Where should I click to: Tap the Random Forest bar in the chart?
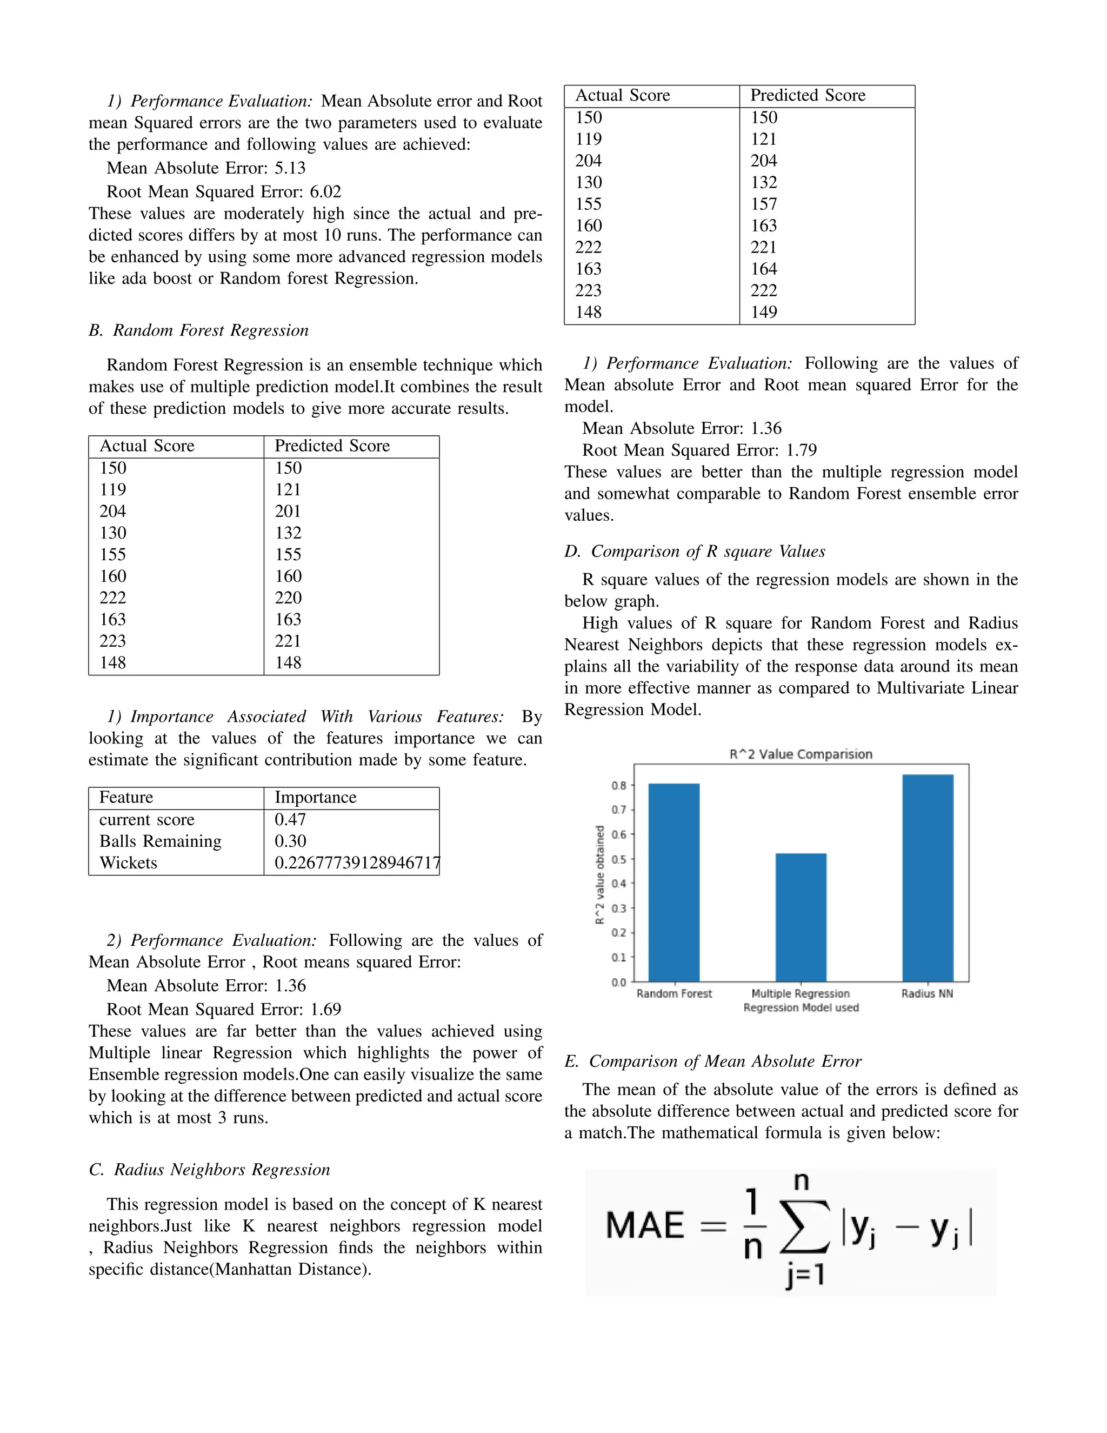tap(673, 882)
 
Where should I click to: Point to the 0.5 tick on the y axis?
tap(619, 859)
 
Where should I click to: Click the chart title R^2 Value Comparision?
tap(801, 754)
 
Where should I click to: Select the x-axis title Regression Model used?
tap(801, 1008)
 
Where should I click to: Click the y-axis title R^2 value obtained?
tap(599, 874)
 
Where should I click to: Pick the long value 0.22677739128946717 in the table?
tap(357, 863)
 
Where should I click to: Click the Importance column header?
tap(316, 797)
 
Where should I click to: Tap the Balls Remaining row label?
tap(161, 841)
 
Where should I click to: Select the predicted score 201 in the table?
tap(289, 511)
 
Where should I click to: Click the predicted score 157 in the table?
tap(764, 204)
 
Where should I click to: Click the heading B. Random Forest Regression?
tap(199, 330)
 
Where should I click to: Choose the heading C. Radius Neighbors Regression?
tap(209, 1169)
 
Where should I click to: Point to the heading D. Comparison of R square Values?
tap(695, 551)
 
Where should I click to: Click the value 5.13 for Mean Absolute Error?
tap(290, 168)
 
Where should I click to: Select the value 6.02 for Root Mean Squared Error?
tap(325, 191)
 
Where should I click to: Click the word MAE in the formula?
tap(645, 1226)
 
